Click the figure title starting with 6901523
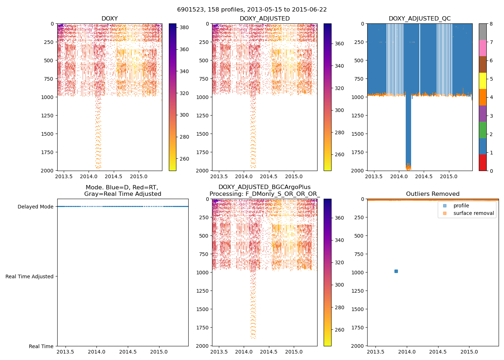click(x=252, y=10)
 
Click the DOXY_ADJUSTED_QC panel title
click(x=419, y=19)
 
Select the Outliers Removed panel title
click(x=432, y=194)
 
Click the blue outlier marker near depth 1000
click(x=396, y=271)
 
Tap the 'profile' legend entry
click(x=461, y=206)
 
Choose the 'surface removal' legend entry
click(x=473, y=213)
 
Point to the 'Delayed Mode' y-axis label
click(x=35, y=207)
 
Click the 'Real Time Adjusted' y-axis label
click(x=30, y=276)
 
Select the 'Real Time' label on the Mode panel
click(x=41, y=346)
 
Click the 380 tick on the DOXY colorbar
click(x=184, y=27)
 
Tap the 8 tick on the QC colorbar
click(x=491, y=24)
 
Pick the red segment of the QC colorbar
click(x=482, y=162)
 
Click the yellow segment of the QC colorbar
click(x=482, y=81)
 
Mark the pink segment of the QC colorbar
click(x=482, y=48)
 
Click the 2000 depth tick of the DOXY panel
click(x=47, y=171)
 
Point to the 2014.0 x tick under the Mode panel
click(x=96, y=352)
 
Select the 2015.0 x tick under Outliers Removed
click(x=469, y=352)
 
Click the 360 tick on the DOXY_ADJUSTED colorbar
click(x=339, y=44)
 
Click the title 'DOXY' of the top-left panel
click(x=109, y=19)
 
